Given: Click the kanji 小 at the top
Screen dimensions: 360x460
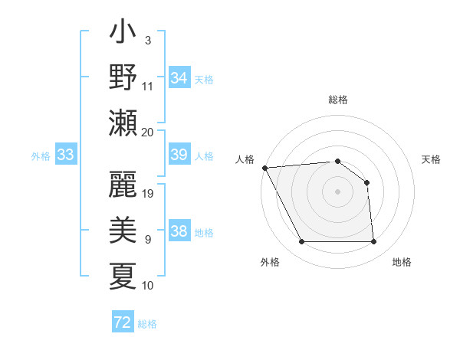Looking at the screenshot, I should click(123, 34).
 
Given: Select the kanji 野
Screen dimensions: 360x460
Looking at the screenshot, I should click(123, 78).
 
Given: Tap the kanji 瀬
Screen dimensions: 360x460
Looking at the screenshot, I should click(123, 123).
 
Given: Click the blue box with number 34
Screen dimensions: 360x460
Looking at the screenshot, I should click(179, 78).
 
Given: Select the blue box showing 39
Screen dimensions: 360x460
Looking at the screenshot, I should click(179, 155).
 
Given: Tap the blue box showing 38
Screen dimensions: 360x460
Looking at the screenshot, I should click(179, 231).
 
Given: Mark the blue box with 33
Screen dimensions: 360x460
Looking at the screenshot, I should click(65, 155).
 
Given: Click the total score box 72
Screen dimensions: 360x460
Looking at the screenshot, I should click(123, 323).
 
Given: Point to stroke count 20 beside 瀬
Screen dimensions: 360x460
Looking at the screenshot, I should click(148, 132).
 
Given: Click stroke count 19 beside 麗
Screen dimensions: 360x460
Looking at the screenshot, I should click(149, 193).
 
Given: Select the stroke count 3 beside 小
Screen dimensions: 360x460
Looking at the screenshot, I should click(148, 40).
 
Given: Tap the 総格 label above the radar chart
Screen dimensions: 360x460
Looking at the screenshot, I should click(337, 100).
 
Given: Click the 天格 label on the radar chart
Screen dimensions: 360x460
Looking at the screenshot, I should click(431, 159).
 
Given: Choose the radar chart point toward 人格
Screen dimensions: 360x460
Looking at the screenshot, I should click(264, 167).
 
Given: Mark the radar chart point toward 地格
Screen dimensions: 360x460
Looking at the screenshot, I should click(373, 242).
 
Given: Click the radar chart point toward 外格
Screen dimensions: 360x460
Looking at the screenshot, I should click(301, 242).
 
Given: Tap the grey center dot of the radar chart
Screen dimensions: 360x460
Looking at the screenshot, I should click(337, 191).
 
